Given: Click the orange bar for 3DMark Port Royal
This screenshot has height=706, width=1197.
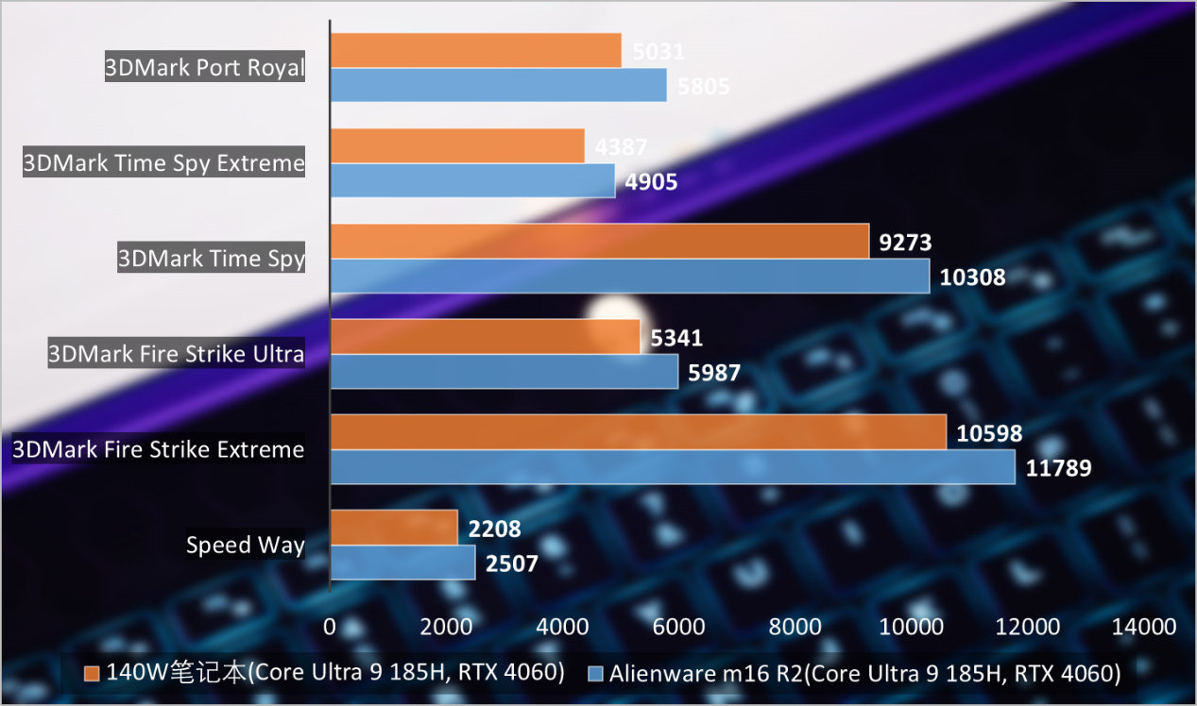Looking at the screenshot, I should (475, 51).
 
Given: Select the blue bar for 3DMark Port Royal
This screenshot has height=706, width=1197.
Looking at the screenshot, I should (498, 85).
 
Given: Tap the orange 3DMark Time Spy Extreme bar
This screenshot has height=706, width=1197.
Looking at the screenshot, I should (457, 146).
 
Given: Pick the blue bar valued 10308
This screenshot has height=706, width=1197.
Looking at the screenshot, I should (629, 276).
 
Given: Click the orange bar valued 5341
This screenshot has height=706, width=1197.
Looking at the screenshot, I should (485, 337).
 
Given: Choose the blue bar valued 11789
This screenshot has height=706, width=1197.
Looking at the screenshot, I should (672, 466).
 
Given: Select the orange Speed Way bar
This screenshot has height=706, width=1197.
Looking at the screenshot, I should (394, 528).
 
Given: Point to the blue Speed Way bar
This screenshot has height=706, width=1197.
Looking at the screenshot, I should (402, 563).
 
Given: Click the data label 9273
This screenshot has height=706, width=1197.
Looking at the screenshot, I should (905, 243).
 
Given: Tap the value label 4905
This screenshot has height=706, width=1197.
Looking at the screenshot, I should (651, 181).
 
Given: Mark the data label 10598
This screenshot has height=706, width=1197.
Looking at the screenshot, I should (989, 433).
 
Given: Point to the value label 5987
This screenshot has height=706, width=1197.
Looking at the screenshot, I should (713, 373).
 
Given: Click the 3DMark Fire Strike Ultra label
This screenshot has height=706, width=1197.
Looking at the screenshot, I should (177, 354).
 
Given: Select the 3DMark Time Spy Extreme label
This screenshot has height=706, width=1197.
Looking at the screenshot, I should (164, 163).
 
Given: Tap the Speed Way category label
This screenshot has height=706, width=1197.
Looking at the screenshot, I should (245, 545).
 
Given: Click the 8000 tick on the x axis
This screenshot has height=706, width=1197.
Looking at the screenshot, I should (795, 627).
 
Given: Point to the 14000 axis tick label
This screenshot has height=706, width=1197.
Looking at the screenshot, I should (1144, 627).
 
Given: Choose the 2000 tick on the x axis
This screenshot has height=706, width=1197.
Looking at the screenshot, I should (446, 627).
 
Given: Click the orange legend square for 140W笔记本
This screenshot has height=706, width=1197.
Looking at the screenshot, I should (92, 674).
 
